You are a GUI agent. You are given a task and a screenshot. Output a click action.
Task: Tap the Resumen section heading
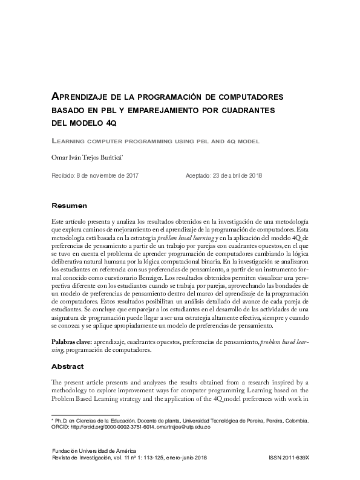click(x=70, y=206)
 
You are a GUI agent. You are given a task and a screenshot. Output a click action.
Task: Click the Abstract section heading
click(x=69, y=367)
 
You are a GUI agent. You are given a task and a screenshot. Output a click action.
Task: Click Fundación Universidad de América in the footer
click(x=94, y=451)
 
